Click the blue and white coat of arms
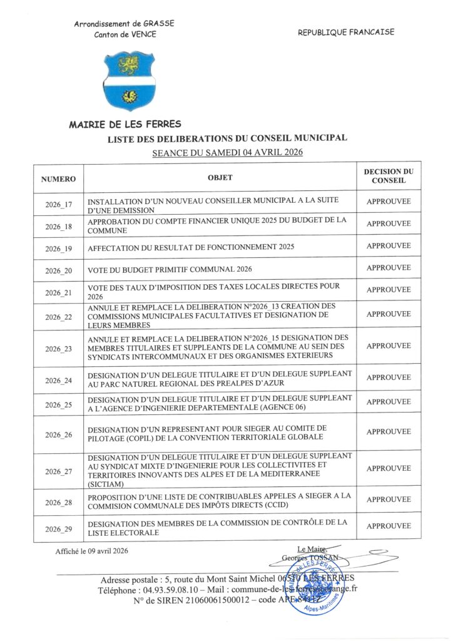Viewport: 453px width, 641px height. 128,81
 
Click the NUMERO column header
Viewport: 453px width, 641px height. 59,179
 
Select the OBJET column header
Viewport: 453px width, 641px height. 220,178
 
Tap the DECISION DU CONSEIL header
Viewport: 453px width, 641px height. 389,176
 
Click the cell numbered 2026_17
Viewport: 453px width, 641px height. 59,205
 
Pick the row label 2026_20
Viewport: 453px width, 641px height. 59,270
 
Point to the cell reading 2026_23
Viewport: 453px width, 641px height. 59,349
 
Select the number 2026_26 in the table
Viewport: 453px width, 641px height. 59,434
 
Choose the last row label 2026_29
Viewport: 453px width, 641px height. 59,529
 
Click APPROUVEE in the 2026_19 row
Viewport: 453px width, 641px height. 389,246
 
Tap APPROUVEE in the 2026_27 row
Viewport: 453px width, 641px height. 389,469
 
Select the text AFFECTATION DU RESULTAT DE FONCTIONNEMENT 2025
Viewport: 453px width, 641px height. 190,248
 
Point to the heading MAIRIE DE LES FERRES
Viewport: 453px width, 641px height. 125,125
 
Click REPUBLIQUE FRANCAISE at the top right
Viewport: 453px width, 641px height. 346,33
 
